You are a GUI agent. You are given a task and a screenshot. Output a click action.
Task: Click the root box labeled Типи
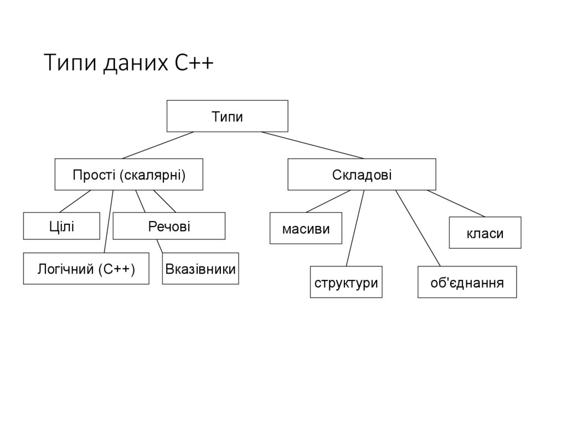point(227,116)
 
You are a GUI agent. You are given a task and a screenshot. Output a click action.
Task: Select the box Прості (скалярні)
point(128,175)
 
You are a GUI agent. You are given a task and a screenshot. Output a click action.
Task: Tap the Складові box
point(362,175)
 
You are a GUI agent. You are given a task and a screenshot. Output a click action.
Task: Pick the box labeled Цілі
point(61,226)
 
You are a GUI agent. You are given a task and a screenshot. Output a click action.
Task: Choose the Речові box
point(169,226)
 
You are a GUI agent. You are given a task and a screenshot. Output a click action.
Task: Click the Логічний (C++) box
point(86,269)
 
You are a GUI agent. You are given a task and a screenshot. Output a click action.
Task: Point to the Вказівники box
point(200,269)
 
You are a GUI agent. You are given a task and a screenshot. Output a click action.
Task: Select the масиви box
point(306,228)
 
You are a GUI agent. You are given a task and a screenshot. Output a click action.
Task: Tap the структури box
point(346,283)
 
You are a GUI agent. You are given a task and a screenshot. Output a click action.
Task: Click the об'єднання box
point(467,283)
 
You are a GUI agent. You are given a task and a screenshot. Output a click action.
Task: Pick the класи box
point(484,233)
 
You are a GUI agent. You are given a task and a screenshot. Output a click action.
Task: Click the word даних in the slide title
point(133,63)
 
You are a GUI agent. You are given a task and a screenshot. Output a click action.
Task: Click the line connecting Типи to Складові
point(313,145)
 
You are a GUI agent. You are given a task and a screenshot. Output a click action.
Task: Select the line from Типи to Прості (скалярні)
point(158,145)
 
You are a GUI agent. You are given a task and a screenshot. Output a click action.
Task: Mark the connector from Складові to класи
point(456,203)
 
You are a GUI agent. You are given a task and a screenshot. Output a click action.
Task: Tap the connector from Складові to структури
point(355,227)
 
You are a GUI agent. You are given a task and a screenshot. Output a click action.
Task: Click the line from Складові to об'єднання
point(418,228)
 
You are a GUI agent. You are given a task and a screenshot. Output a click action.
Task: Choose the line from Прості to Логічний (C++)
point(109,222)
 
